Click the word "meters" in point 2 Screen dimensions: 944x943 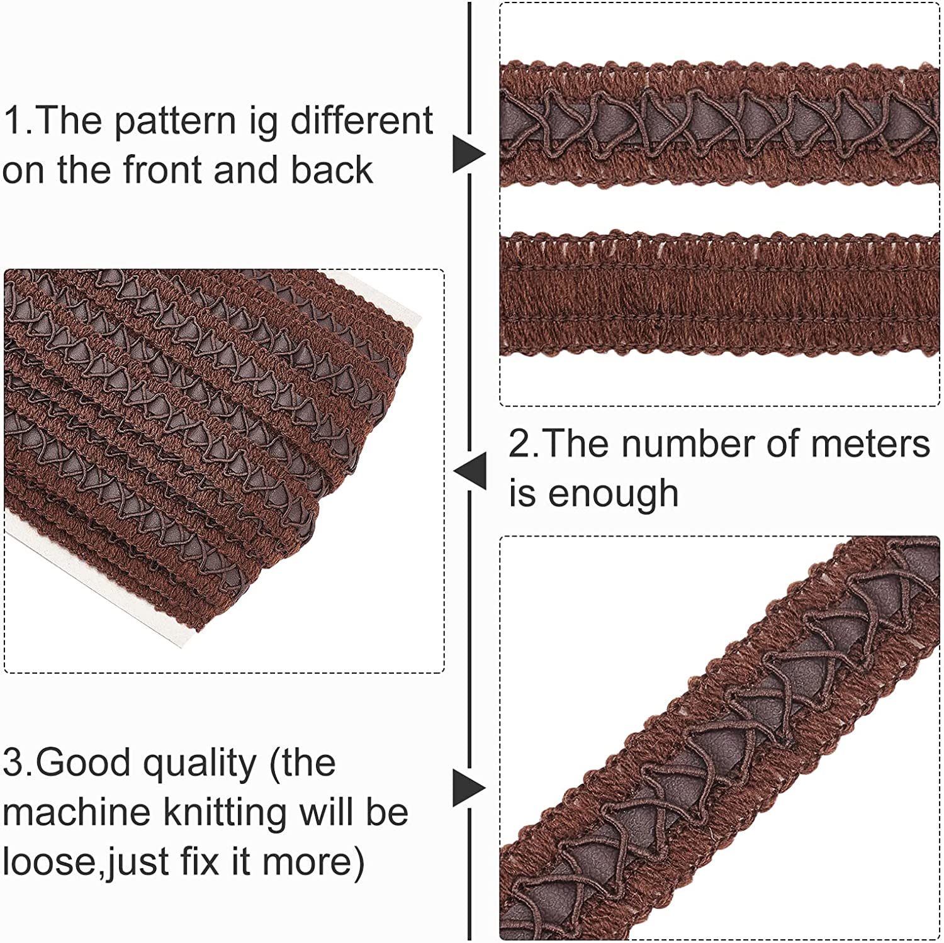coord(870,444)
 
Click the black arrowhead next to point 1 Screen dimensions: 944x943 coord(469,153)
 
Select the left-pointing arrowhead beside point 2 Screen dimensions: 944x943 coord(469,471)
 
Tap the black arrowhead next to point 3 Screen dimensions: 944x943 coord(469,788)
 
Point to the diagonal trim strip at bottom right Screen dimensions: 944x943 coord(719,736)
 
